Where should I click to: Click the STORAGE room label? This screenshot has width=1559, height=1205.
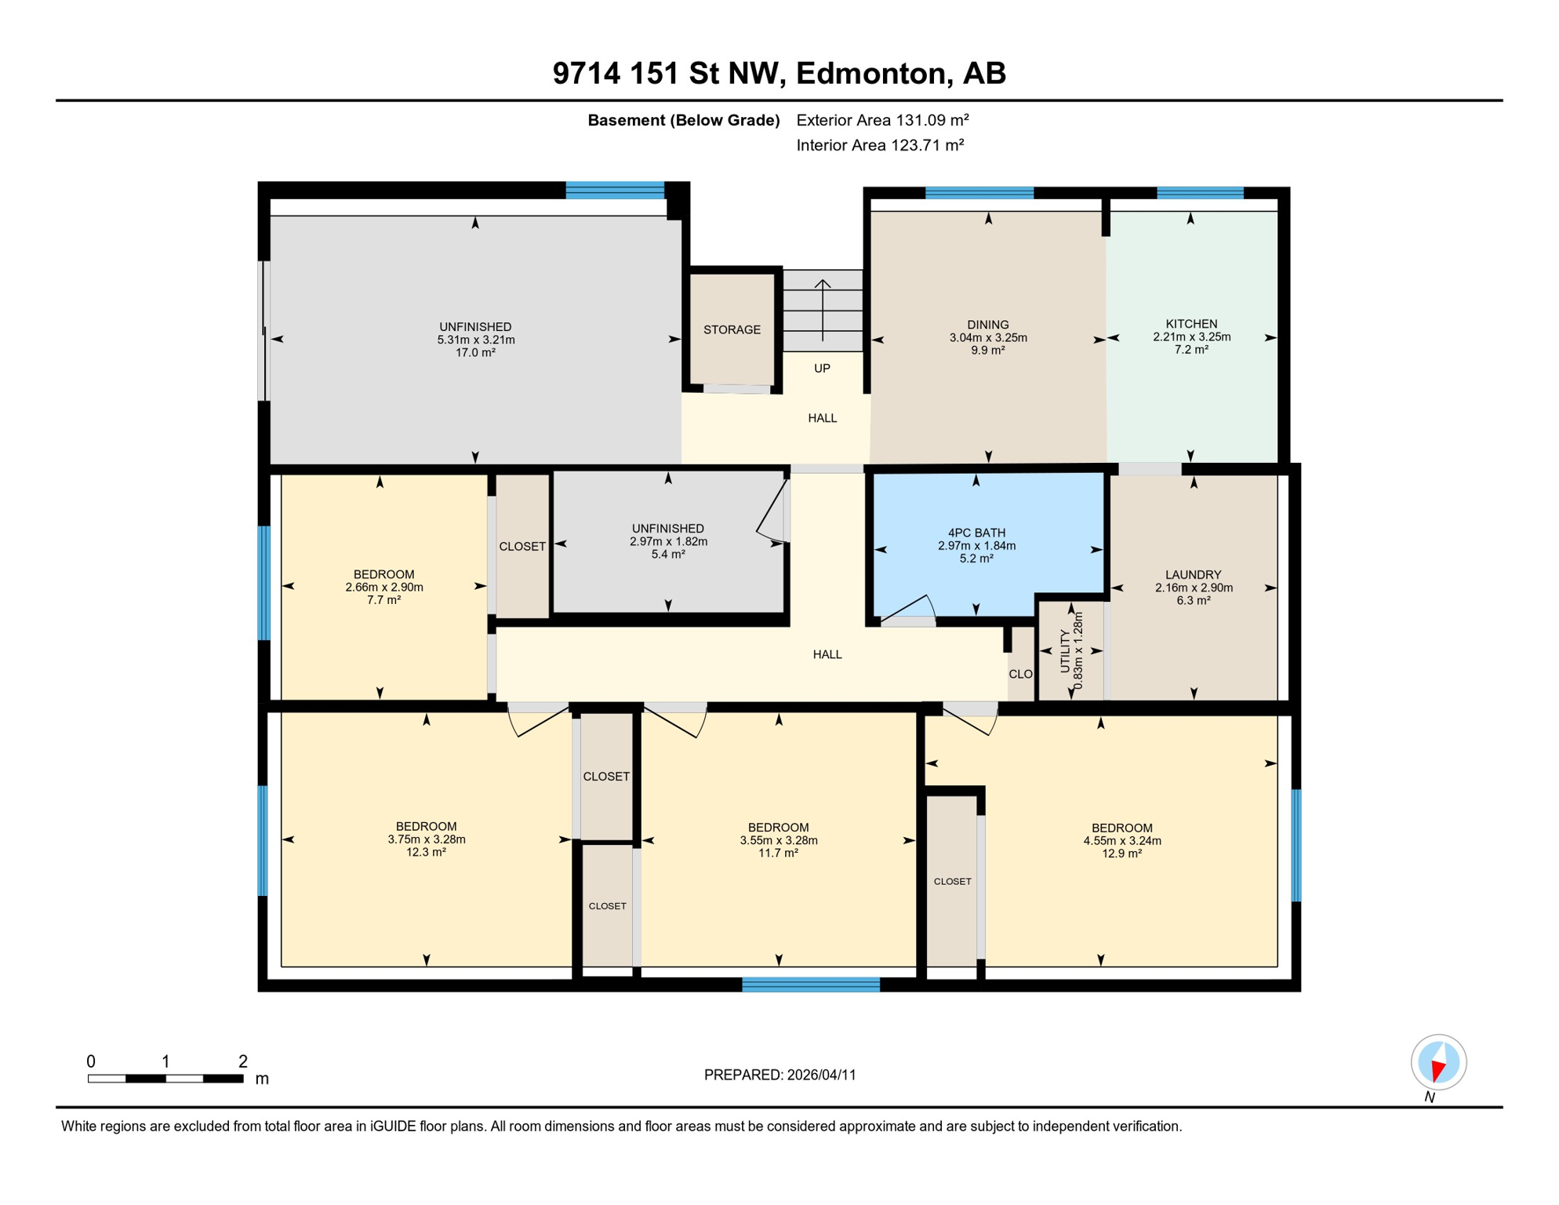(732, 329)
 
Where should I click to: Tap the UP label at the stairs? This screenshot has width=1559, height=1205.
(822, 368)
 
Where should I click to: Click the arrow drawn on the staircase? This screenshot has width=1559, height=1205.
(823, 310)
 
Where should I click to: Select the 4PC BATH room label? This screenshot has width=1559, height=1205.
(976, 533)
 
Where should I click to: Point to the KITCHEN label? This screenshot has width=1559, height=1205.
(1191, 324)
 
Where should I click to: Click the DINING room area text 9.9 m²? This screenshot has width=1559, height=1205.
(988, 351)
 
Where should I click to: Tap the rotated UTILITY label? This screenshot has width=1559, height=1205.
(1065, 651)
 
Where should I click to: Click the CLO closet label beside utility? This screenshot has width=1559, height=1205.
(1020, 674)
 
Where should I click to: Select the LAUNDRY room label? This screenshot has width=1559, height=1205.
(1193, 575)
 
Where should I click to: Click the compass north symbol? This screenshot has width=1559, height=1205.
(1438, 1062)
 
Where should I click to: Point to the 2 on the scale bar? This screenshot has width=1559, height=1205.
(243, 1061)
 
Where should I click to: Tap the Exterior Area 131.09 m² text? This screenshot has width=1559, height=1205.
(882, 120)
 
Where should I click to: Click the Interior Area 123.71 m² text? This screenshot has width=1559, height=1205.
(880, 145)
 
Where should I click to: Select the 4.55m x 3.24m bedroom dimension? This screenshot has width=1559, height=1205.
(1122, 841)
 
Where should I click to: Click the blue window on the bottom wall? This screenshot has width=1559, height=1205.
(811, 985)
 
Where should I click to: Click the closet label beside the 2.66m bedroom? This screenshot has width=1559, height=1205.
(522, 546)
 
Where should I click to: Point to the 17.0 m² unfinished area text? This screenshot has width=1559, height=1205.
(475, 353)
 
